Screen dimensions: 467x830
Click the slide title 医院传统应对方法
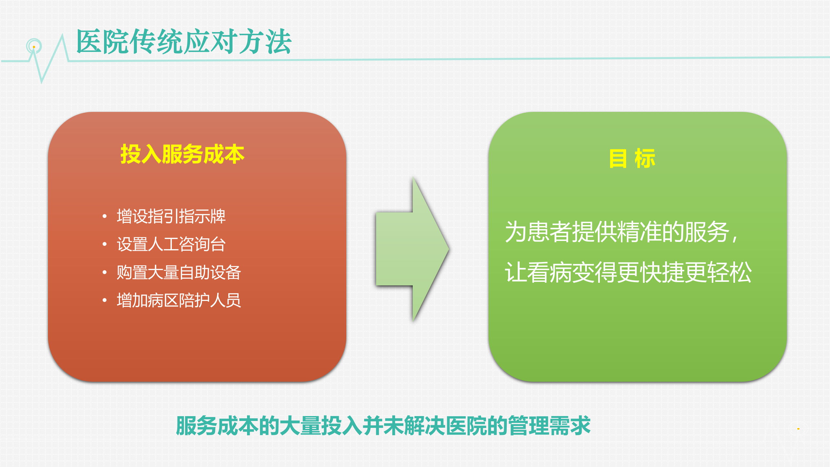(184, 42)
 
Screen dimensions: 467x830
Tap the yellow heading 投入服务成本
(182, 154)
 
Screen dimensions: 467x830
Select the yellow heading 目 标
(632, 159)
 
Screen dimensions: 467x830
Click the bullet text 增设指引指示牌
(171, 216)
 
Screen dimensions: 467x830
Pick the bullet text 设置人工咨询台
(171, 244)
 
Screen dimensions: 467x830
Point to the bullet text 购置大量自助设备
(179, 272)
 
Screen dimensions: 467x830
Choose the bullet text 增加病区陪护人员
(179, 300)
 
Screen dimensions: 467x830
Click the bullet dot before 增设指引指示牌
(104, 216)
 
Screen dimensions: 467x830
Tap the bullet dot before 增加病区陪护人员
(104, 300)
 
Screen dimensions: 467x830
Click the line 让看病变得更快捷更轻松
(628, 272)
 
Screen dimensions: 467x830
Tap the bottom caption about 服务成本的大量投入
(383, 426)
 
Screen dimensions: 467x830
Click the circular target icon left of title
(34, 46)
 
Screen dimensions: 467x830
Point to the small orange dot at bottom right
(798, 429)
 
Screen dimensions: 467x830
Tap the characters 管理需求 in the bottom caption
(549, 426)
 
